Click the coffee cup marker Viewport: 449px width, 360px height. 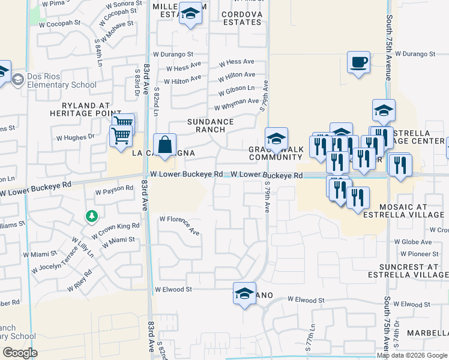pos(359,62)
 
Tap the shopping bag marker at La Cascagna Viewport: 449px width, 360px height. pos(164,145)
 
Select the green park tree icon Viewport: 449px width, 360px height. pos(91,216)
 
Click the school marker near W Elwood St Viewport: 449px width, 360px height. pos(244,294)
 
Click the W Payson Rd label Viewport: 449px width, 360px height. pos(114,188)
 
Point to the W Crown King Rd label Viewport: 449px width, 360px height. pos(119,229)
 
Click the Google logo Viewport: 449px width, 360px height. pos(20,353)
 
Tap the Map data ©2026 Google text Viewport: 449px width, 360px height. pos(412,355)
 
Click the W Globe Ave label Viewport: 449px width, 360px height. pos(421,242)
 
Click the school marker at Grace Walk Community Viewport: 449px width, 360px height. pos(276,139)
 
